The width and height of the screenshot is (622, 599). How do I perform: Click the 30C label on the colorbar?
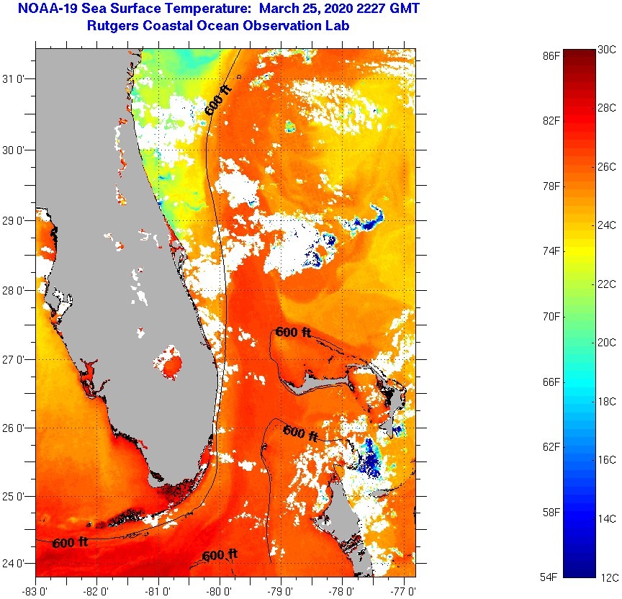click(607, 50)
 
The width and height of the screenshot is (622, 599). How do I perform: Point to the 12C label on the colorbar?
click(607, 577)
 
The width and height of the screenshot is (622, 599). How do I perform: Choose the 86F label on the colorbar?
click(551, 55)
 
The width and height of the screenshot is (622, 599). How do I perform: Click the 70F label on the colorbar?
click(551, 316)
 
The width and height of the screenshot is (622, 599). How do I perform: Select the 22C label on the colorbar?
click(607, 284)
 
